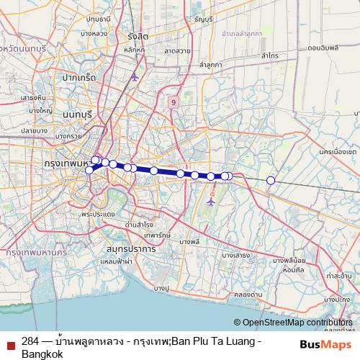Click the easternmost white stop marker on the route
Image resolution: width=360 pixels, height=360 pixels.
271,180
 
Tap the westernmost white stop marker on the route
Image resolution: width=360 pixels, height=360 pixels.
89,170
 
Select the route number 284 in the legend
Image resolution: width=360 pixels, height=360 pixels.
30,341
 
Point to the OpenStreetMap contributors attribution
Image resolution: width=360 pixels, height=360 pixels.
294,323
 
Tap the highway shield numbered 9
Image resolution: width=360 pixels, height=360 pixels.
174,102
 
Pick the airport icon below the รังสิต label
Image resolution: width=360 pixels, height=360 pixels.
134,76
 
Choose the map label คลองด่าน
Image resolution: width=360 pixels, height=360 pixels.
248,294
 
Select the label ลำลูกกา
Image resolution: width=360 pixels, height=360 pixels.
211,65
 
